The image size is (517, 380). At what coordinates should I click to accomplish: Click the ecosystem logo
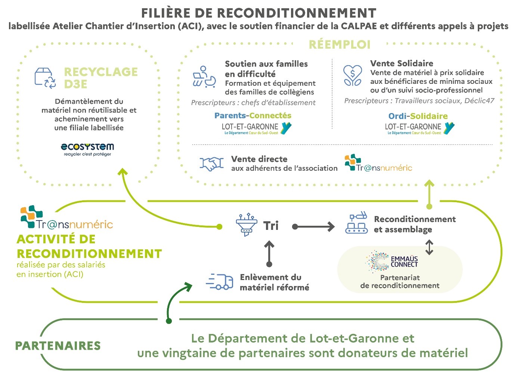(87, 149)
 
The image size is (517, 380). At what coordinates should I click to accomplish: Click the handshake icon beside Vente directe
(211, 164)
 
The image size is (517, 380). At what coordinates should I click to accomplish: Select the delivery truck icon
(220, 282)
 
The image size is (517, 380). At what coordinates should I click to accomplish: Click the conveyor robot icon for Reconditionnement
(356, 224)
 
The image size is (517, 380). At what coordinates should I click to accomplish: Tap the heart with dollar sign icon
(352, 75)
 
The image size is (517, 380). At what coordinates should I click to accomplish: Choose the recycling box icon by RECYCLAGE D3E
(45, 78)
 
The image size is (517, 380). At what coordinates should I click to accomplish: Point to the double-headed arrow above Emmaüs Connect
(429, 247)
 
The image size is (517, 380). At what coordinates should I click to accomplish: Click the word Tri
(271, 226)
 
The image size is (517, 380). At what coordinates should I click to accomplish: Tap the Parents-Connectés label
(253, 116)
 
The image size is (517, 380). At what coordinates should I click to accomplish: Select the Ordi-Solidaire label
(418, 116)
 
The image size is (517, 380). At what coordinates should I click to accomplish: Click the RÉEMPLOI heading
(339, 45)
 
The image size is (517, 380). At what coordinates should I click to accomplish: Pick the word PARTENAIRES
(58, 346)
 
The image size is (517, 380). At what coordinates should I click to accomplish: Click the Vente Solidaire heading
(402, 63)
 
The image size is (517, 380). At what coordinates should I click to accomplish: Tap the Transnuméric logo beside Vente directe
(378, 163)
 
